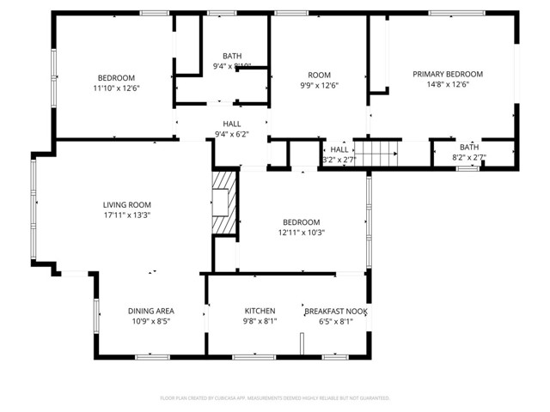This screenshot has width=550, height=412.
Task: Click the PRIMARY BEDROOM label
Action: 447,75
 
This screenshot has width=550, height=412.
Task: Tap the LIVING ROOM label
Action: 127,205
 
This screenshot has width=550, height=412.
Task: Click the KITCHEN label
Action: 260,311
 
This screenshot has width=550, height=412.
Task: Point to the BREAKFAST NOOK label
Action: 336,311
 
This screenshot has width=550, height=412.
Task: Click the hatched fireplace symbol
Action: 224,202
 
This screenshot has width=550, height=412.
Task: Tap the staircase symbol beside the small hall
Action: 377,154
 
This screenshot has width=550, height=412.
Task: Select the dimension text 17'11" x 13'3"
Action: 127,216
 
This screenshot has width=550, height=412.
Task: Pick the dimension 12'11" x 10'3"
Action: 301,233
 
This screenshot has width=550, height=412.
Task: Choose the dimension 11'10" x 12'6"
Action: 117,88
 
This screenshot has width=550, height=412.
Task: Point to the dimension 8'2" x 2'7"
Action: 469,158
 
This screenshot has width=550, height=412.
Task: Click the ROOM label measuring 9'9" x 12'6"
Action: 319,75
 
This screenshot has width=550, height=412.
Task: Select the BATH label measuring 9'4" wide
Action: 232,56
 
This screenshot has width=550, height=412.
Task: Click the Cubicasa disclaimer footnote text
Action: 275,398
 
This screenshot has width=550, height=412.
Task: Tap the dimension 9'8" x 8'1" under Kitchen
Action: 260,323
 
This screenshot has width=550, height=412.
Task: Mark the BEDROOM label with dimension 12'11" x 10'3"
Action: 301,221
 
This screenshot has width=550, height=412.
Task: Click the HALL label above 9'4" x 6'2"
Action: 232,124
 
